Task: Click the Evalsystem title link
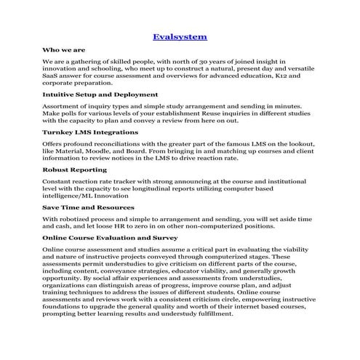coord(180,36)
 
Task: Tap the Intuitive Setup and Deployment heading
coord(100,95)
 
